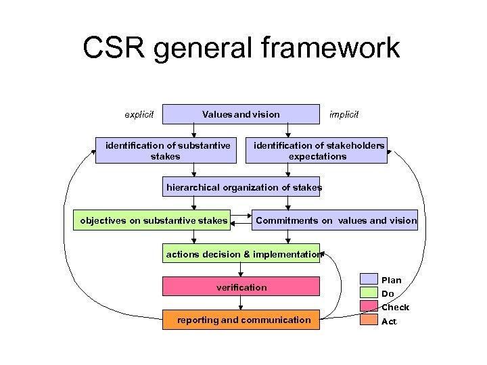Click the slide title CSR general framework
point(241,49)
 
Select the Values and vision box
point(241,114)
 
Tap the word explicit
point(139,114)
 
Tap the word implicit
point(344,114)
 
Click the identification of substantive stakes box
point(166,151)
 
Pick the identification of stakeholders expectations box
point(317,151)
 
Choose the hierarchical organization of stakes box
point(241,187)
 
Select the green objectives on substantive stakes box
point(152,220)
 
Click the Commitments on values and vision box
point(335,220)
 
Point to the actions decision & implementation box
point(241,254)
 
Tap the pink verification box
point(241,287)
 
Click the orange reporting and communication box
point(241,320)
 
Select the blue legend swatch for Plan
point(369,279)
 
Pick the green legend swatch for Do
point(369,293)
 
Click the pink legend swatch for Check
point(369,306)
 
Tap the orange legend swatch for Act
point(369,320)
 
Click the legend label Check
point(395,308)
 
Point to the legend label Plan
point(392,280)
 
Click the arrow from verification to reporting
point(241,303)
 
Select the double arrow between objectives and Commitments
point(241,220)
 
